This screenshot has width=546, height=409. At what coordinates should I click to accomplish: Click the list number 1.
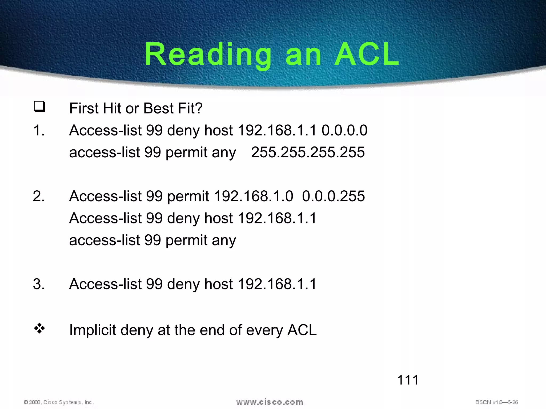pos(39,130)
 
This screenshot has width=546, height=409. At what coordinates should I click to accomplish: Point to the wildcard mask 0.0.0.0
pos(344,130)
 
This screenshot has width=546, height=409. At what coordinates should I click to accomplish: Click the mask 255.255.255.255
pos(308,152)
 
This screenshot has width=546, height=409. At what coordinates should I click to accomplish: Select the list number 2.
pos(39,196)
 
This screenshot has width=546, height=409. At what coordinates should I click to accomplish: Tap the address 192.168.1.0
pos(253,196)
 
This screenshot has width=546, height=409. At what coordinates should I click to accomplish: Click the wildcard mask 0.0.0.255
pos(333,196)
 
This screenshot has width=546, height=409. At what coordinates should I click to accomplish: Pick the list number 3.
pos(39,284)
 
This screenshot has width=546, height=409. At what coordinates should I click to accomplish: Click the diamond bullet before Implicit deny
pos(39,329)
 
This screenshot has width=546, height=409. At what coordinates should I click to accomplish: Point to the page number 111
pos(408,380)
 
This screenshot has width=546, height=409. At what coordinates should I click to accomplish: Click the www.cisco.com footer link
pos(270,402)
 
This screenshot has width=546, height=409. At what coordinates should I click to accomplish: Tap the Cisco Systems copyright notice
pos(59,402)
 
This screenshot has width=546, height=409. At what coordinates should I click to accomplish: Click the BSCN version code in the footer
pos(496,402)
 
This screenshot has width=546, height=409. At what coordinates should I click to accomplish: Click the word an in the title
pos(303,55)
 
